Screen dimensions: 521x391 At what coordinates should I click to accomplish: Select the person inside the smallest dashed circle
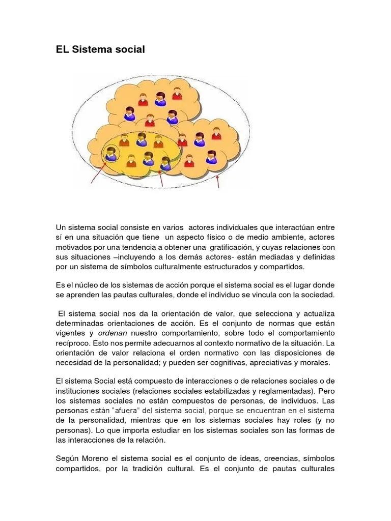click(110, 152)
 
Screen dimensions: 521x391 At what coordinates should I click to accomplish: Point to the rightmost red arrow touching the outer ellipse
click(218, 181)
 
